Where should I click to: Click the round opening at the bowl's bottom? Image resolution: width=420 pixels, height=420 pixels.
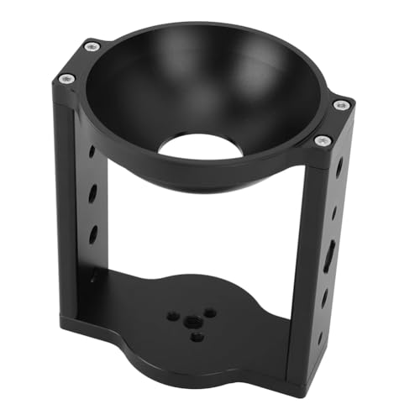pyautogui.click(x=201, y=144)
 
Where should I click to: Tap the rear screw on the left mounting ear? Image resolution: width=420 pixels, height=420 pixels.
pyautogui.click(x=92, y=45)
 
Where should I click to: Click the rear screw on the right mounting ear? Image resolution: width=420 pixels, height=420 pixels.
pyautogui.click(x=340, y=105)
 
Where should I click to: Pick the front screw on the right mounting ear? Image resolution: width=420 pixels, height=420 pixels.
pyautogui.click(x=322, y=141)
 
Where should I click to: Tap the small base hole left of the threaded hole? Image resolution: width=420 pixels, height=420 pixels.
pyautogui.click(x=172, y=317)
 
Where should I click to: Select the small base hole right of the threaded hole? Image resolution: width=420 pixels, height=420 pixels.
pyautogui.click(x=209, y=312)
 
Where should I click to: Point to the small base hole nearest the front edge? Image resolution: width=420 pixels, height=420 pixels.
pyautogui.click(x=197, y=336)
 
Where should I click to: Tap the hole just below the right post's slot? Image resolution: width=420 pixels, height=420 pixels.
pyautogui.click(x=324, y=297)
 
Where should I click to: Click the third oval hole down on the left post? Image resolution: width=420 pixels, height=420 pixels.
pyautogui.click(x=92, y=234)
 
